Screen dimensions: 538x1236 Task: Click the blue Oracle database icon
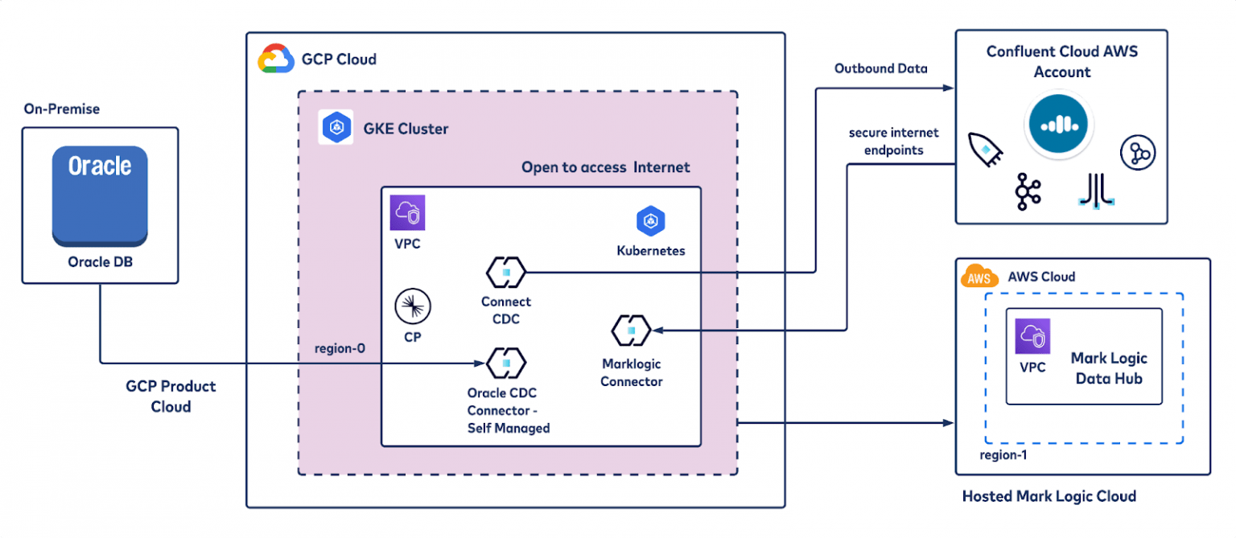point(100,195)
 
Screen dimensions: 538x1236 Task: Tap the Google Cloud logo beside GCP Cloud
point(274,60)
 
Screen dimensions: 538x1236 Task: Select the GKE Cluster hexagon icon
point(336,128)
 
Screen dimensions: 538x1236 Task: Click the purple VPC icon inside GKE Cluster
point(407,213)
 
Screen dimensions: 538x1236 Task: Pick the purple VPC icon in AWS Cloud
point(1032,337)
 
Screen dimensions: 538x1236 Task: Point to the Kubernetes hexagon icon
point(650,222)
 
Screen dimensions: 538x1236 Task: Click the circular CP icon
point(413,306)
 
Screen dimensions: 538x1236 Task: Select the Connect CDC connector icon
point(506,272)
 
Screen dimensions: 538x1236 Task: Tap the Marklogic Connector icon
point(631,330)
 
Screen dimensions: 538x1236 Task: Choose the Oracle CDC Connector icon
point(506,363)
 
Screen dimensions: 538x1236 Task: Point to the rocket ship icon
point(984,150)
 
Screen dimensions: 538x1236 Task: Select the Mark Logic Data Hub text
point(1108,368)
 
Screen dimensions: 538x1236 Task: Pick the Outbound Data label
point(880,68)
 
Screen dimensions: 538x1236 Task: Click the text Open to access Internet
point(605,167)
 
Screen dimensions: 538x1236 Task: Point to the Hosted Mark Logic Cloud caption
point(1049,496)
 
